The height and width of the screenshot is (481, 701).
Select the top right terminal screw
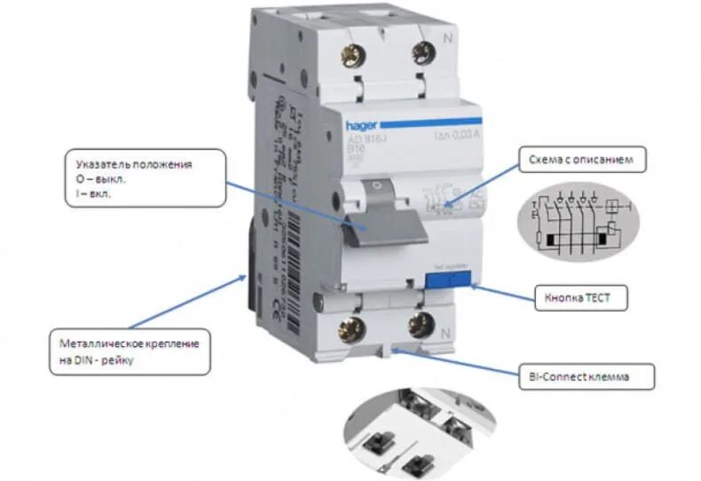(421, 55)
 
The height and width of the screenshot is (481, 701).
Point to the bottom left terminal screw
(352, 329)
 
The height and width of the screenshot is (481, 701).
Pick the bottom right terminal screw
(418, 323)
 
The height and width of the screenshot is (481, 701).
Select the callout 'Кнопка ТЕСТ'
(581, 297)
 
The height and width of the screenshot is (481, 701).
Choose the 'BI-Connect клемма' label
(587, 376)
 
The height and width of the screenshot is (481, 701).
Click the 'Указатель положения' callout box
(146, 178)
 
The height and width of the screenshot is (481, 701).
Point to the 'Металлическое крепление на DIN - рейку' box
(130, 351)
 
